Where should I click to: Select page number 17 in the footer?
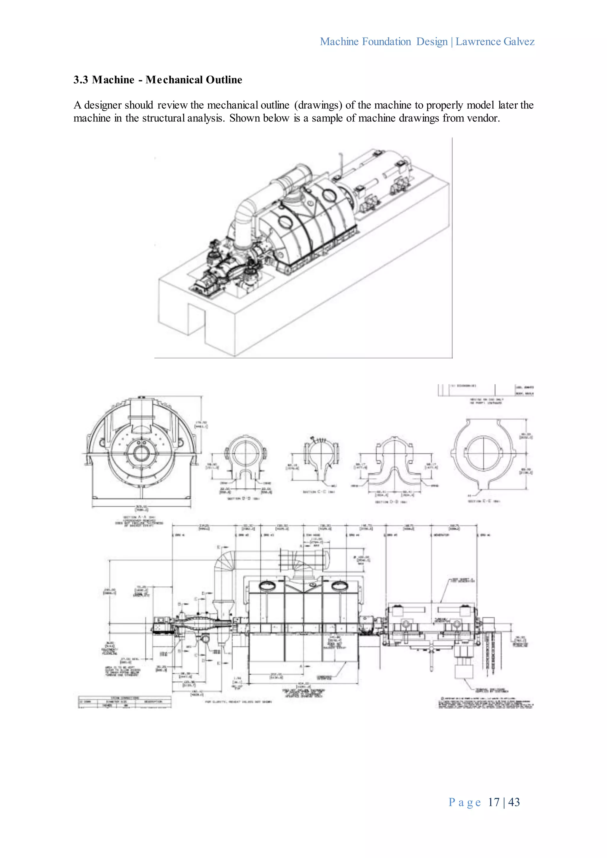(493, 802)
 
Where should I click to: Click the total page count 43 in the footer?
(514, 802)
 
